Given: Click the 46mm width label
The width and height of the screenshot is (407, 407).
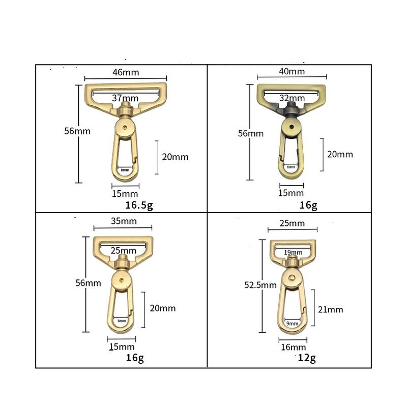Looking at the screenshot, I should [125, 72].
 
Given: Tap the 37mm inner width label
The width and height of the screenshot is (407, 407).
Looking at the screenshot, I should [125, 98].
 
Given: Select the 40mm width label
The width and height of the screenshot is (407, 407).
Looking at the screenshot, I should [293, 72].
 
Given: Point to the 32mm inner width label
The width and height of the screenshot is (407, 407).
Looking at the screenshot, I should [292, 98].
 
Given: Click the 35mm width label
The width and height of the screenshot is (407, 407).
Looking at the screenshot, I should [122, 221].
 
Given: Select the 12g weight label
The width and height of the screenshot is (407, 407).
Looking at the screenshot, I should [307, 358].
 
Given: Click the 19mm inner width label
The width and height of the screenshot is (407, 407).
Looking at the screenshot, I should [293, 251].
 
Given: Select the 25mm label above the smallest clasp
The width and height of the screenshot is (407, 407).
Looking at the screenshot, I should [293, 223].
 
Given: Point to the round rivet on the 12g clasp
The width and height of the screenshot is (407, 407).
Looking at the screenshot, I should [292, 276].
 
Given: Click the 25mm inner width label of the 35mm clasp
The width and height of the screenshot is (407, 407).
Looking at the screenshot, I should [123, 250].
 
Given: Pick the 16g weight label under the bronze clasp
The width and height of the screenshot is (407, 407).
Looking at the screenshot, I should [308, 206].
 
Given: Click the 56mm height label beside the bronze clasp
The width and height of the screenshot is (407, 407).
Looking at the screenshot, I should [251, 133].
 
